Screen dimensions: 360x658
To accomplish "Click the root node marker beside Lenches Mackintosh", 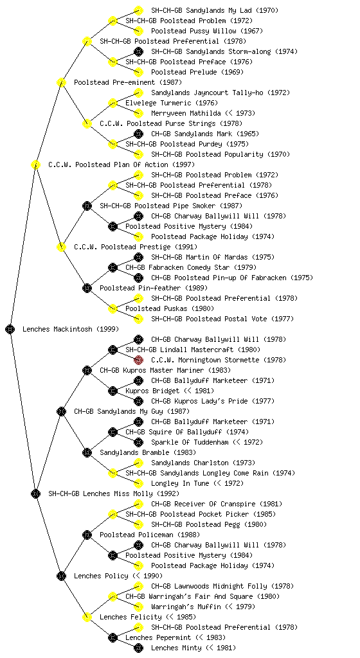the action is pos(10,329).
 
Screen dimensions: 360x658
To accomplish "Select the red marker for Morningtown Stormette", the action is pos(138,360).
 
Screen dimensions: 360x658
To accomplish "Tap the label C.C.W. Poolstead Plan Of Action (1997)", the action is pos(122,164).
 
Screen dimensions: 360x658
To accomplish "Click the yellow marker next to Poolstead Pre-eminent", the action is pos(61,82).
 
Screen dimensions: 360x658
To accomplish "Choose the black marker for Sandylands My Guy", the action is pos(61,411).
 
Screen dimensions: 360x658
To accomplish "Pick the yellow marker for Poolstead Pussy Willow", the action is pos(138,31).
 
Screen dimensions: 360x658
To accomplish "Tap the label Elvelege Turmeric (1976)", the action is pos(172,103).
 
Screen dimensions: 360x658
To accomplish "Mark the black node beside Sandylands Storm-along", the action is pos(138,51).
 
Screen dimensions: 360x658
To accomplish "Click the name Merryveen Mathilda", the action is pos(186,113).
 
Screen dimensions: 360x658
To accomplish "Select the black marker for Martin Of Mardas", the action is pos(138,257).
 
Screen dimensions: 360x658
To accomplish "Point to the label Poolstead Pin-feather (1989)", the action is pos(154,288).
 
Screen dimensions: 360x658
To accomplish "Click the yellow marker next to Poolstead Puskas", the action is pos(113,308).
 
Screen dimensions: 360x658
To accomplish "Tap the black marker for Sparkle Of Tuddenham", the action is pos(138,442).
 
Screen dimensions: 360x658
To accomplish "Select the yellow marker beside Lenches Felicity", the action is pos(87,617).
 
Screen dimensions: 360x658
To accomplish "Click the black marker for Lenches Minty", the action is pos(138,648).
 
